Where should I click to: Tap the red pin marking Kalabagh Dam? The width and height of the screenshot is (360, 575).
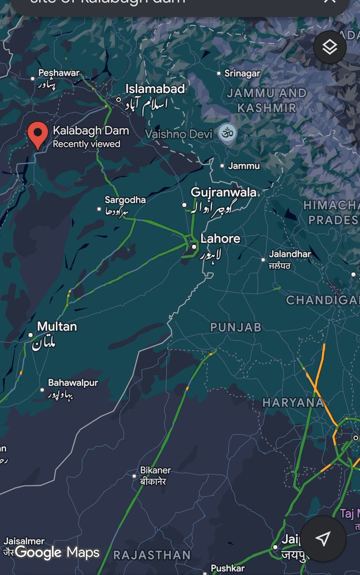(37, 134)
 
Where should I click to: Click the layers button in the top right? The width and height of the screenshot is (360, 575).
(330, 47)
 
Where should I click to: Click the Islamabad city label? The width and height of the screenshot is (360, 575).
(155, 89)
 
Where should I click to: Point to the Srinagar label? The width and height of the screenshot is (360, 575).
(243, 73)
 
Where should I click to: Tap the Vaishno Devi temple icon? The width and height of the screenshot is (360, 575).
(227, 133)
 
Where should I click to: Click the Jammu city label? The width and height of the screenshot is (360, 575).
(244, 166)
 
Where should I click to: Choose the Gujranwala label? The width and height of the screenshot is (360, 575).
(223, 193)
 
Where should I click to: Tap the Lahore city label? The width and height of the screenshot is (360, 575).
(220, 239)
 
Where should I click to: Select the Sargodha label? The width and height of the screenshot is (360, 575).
(125, 200)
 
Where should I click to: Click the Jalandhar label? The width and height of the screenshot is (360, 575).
(290, 254)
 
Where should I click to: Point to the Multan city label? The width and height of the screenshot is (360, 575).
(57, 327)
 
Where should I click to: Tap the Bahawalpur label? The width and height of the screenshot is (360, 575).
(73, 383)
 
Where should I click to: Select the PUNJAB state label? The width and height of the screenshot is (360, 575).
(236, 327)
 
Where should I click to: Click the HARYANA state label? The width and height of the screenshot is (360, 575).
(293, 403)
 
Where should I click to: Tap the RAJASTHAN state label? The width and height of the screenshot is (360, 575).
(151, 555)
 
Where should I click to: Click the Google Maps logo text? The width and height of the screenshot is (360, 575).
(57, 552)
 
